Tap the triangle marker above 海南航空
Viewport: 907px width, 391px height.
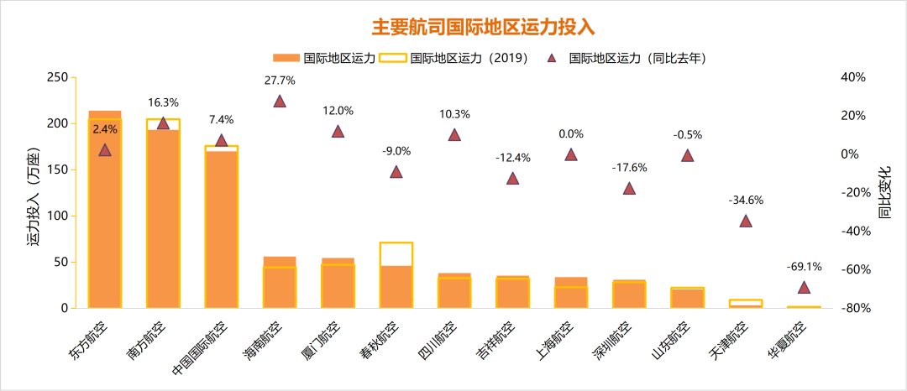[x=280, y=102]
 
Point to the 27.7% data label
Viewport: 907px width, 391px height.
[x=280, y=81]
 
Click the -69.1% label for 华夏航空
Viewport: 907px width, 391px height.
[x=804, y=267]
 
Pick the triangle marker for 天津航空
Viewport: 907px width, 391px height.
[x=746, y=222]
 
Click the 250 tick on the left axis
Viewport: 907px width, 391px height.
[x=56, y=77]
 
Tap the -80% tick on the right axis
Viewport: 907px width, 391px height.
[x=854, y=309]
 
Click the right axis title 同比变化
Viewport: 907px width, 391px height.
[x=885, y=193]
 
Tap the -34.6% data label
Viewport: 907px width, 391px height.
[x=746, y=200]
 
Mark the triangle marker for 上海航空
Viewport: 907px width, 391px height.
[x=571, y=154]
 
